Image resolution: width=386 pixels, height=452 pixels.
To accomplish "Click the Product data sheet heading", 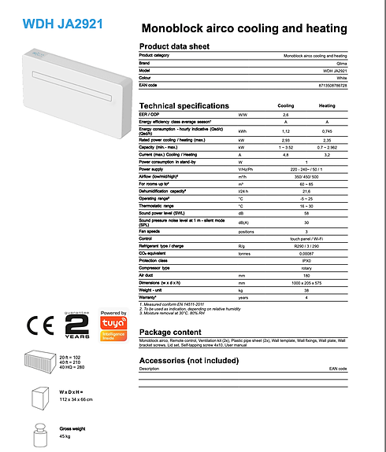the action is click(x=175, y=46).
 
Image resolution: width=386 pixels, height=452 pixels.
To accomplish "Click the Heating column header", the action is click(x=326, y=105).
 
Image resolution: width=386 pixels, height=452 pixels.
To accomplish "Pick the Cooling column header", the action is click(x=286, y=105).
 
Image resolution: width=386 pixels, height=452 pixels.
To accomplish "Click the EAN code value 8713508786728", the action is click(x=331, y=84).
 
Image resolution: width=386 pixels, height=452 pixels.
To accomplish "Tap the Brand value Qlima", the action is click(x=340, y=63).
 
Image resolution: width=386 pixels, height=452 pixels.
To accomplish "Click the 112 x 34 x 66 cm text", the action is click(x=78, y=399).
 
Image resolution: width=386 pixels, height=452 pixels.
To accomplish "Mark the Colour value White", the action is click(x=340, y=77).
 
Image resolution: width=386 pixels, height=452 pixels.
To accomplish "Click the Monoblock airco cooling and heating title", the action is click(x=243, y=28).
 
